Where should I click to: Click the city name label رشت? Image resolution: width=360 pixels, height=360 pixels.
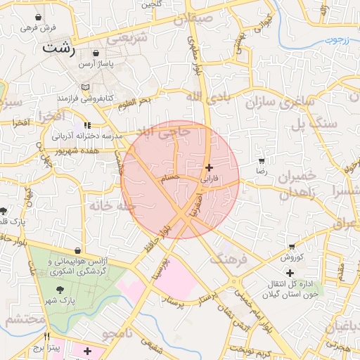59,48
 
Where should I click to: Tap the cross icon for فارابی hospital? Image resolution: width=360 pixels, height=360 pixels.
209,167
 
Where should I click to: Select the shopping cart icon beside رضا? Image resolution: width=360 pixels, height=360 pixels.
262,161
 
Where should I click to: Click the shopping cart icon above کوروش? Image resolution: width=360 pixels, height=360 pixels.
292,247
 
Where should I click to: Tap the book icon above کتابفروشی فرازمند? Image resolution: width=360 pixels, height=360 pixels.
86,86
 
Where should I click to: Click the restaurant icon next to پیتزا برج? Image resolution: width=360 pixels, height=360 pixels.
47,336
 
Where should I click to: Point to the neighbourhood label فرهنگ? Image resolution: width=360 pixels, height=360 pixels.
229,260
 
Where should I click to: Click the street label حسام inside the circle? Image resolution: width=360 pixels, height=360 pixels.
170,179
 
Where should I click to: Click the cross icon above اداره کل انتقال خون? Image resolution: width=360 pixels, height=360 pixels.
290,272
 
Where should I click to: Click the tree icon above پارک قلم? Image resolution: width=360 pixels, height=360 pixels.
4,211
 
